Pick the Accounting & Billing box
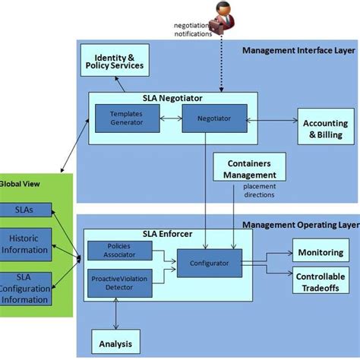(x=325, y=129)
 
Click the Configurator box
(x=209, y=262)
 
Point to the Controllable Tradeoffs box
(x=321, y=280)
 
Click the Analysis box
(x=115, y=343)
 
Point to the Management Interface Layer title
(x=298, y=51)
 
